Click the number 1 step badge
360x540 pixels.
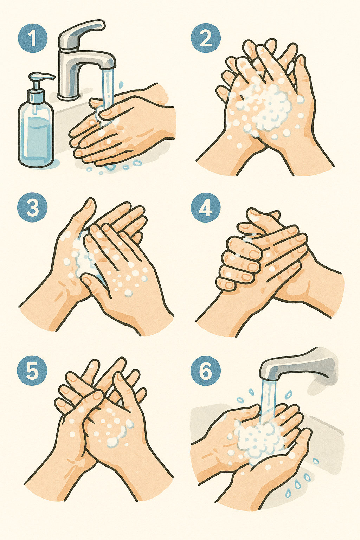[x=33, y=38]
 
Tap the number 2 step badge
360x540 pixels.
[x=205, y=38]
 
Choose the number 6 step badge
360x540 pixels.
[x=205, y=371]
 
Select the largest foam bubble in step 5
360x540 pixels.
[x=112, y=441]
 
